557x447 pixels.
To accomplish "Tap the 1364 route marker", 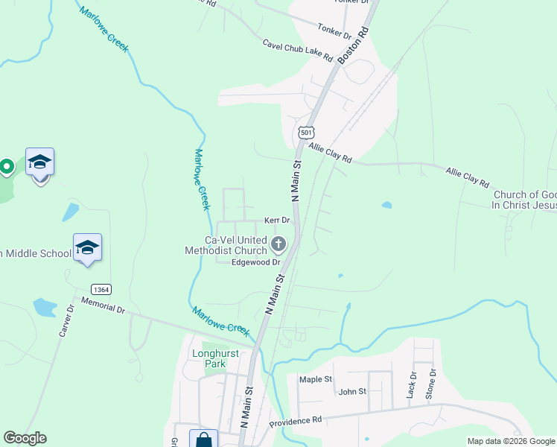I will pyautogui.click(x=102, y=288).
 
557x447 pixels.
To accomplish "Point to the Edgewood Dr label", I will pyautogui.click(x=255, y=262).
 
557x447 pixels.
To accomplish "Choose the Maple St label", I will pyautogui.click(x=315, y=379).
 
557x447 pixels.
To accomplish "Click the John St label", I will pyautogui.click(x=352, y=391).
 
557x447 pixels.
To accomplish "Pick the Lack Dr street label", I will pyautogui.click(x=410, y=386).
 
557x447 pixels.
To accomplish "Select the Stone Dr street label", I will pyautogui.click(x=430, y=384).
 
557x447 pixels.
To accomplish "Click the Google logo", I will pyautogui.click(x=25, y=438).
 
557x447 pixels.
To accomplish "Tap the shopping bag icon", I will pyautogui.click(x=203, y=440).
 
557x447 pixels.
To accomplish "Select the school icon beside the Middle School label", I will pyautogui.click(x=87, y=248).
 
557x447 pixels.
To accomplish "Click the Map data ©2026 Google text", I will pyautogui.click(x=511, y=441).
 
